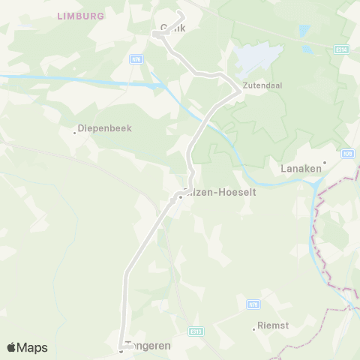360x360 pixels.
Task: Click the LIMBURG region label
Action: click(x=79, y=15)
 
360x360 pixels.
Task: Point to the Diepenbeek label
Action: click(x=106, y=128)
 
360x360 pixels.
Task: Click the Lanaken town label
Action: click(x=301, y=169)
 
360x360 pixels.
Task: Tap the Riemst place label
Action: click(x=273, y=325)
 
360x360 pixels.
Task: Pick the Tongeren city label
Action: click(x=150, y=346)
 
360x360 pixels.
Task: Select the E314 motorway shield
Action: click(x=341, y=48)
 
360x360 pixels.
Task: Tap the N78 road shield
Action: click(x=347, y=153)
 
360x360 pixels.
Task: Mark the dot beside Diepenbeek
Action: click(x=75, y=132)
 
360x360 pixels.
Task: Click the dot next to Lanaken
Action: click(x=325, y=161)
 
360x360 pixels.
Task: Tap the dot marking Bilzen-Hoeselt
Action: click(x=180, y=198)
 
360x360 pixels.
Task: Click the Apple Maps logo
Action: click(x=27, y=347)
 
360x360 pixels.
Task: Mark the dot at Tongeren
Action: click(x=121, y=349)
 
